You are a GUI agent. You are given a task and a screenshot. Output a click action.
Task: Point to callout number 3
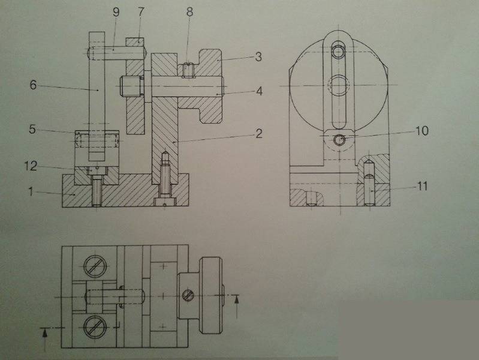pyautogui.click(x=258, y=58)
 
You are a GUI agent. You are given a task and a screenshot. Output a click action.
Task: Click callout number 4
pyautogui.click(x=258, y=92)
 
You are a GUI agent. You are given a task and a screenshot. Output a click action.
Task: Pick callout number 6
pyautogui.click(x=33, y=85)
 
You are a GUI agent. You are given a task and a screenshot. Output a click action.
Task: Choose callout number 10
pyautogui.click(x=422, y=130)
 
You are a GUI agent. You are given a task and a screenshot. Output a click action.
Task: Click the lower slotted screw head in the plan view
pyautogui.click(x=97, y=326)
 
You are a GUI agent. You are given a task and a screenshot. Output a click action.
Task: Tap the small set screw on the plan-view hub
pyautogui.click(x=189, y=295)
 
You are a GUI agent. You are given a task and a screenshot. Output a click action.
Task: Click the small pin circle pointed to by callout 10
pyautogui.click(x=340, y=140)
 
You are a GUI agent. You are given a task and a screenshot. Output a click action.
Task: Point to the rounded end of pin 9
pyautogui.click(x=91, y=53)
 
